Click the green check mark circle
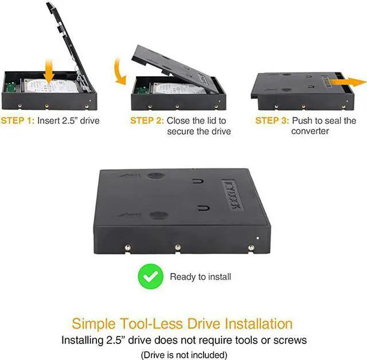point(150,277)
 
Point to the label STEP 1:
point(18,121)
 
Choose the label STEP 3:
point(272,121)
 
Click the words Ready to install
point(200,277)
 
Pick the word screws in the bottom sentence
point(290,340)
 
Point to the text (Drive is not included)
point(183,354)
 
